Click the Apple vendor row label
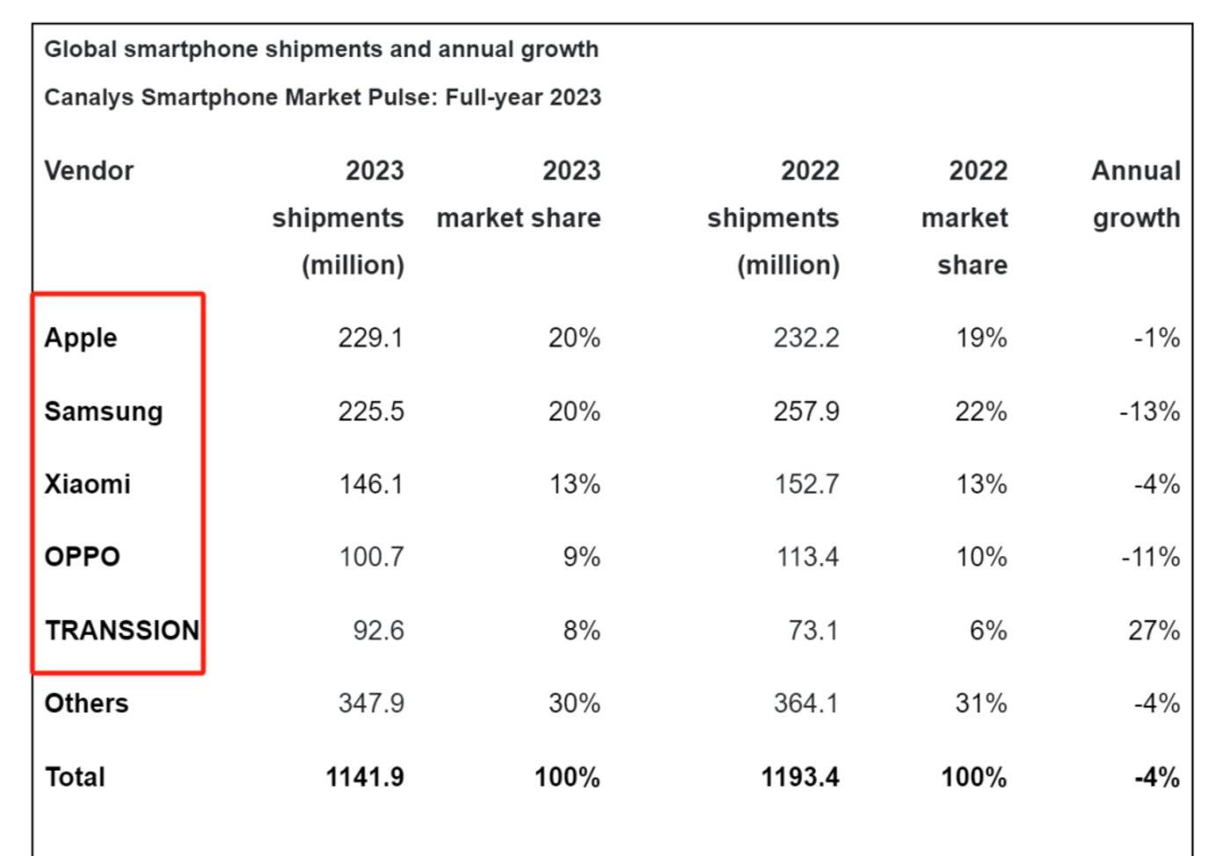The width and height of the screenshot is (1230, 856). point(81,338)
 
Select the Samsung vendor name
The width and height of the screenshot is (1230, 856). point(104,412)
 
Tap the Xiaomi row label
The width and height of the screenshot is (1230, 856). point(87,484)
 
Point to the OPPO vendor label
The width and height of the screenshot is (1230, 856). point(82,557)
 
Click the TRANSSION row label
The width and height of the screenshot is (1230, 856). point(122,630)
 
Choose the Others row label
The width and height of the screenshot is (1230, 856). point(86,703)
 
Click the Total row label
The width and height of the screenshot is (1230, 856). point(75,777)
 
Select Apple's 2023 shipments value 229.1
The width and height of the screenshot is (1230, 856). point(370,338)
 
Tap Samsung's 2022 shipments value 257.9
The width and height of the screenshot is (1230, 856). point(805,412)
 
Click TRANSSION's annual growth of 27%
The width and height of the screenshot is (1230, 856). point(1154,630)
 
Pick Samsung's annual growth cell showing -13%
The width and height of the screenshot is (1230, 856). point(1149,412)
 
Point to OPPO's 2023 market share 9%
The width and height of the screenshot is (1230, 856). point(581,557)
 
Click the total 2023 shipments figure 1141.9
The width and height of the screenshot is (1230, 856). point(365,777)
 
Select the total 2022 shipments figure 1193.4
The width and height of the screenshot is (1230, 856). point(800,777)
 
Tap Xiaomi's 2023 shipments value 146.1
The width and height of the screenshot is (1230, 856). point(371,484)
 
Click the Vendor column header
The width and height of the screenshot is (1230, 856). point(89,171)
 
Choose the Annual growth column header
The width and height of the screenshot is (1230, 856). point(1136,194)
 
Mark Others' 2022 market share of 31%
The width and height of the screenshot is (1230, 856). point(980,703)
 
